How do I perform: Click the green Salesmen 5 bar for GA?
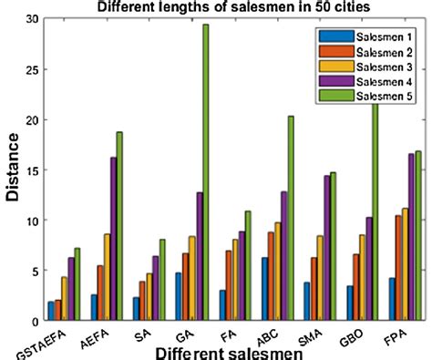click(205, 173)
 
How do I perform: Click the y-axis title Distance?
click(13, 170)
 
